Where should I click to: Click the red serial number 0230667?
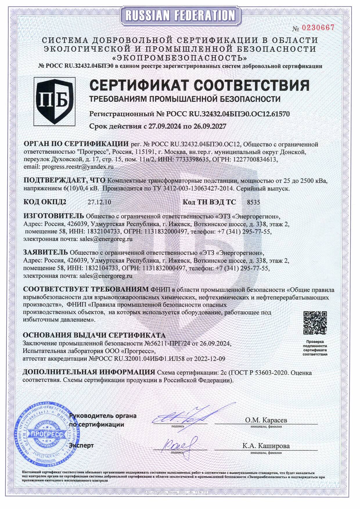pyautogui.click(x=318, y=28)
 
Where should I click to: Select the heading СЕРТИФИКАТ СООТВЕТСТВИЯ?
pyautogui.click(x=199, y=85)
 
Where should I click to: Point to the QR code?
pyautogui.click(x=315, y=323)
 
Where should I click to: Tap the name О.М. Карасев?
pyautogui.click(x=266, y=420)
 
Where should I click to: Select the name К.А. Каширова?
pyautogui.click(x=266, y=446)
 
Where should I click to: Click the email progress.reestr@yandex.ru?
pyautogui.click(x=78, y=167)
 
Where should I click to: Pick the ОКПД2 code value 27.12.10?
pyautogui.click(x=99, y=202)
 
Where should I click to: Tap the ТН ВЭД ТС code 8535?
pyautogui.click(x=253, y=202)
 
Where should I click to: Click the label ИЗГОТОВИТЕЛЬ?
pyautogui.click(x=54, y=216)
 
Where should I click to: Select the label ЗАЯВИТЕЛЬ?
pyautogui.click(x=45, y=253)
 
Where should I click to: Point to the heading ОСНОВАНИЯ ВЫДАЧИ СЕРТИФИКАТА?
pyautogui.click(x=94, y=335)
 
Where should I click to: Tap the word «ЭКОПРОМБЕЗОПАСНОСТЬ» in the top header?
pyautogui.click(x=180, y=57)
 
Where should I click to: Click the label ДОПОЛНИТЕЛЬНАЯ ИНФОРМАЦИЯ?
pyautogui.click(x=89, y=372)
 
